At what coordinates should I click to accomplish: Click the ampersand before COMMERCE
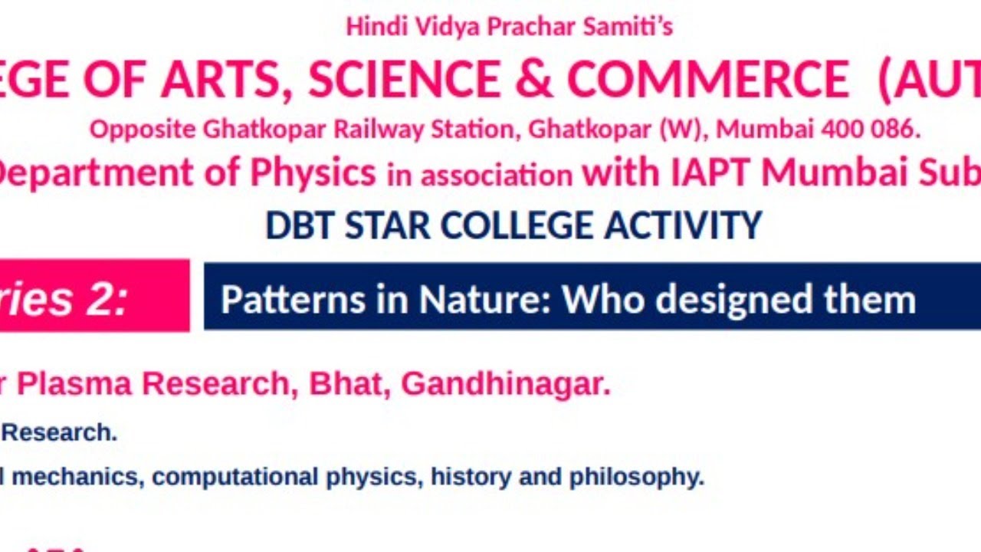tap(533, 80)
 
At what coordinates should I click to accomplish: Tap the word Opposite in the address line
tap(143, 130)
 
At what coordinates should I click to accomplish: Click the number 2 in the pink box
tap(105, 299)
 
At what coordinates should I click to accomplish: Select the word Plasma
tap(75, 384)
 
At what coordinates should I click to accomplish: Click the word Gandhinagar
tap(506, 384)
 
